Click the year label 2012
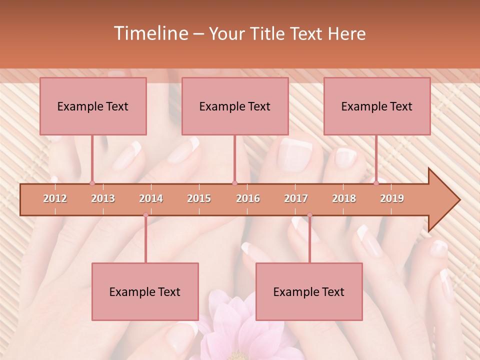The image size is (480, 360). tap(55, 199)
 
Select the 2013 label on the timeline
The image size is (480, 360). tap(103, 199)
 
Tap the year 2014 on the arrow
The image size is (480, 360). tap(151, 199)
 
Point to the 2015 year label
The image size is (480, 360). tap(199, 199)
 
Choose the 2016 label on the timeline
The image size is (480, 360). tap(248, 199)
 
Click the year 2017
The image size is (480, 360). tap(296, 199)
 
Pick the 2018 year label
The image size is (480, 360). tap(344, 199)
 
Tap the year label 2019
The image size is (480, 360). tap(392, 199)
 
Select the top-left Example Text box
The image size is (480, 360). tap(93, 106)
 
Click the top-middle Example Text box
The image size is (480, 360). tap(235, 106)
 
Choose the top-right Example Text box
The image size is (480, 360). tap(377, 106)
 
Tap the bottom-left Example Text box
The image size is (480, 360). tap(145, 292)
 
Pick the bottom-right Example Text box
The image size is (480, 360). tap(309, 292)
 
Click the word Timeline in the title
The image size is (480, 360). tap(150, 33)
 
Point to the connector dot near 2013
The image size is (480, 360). tap(92, 183)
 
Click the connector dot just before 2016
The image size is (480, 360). tap(235, 183)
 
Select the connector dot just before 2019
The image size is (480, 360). tap(376, 183)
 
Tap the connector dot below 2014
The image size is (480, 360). tap(145, 215)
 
